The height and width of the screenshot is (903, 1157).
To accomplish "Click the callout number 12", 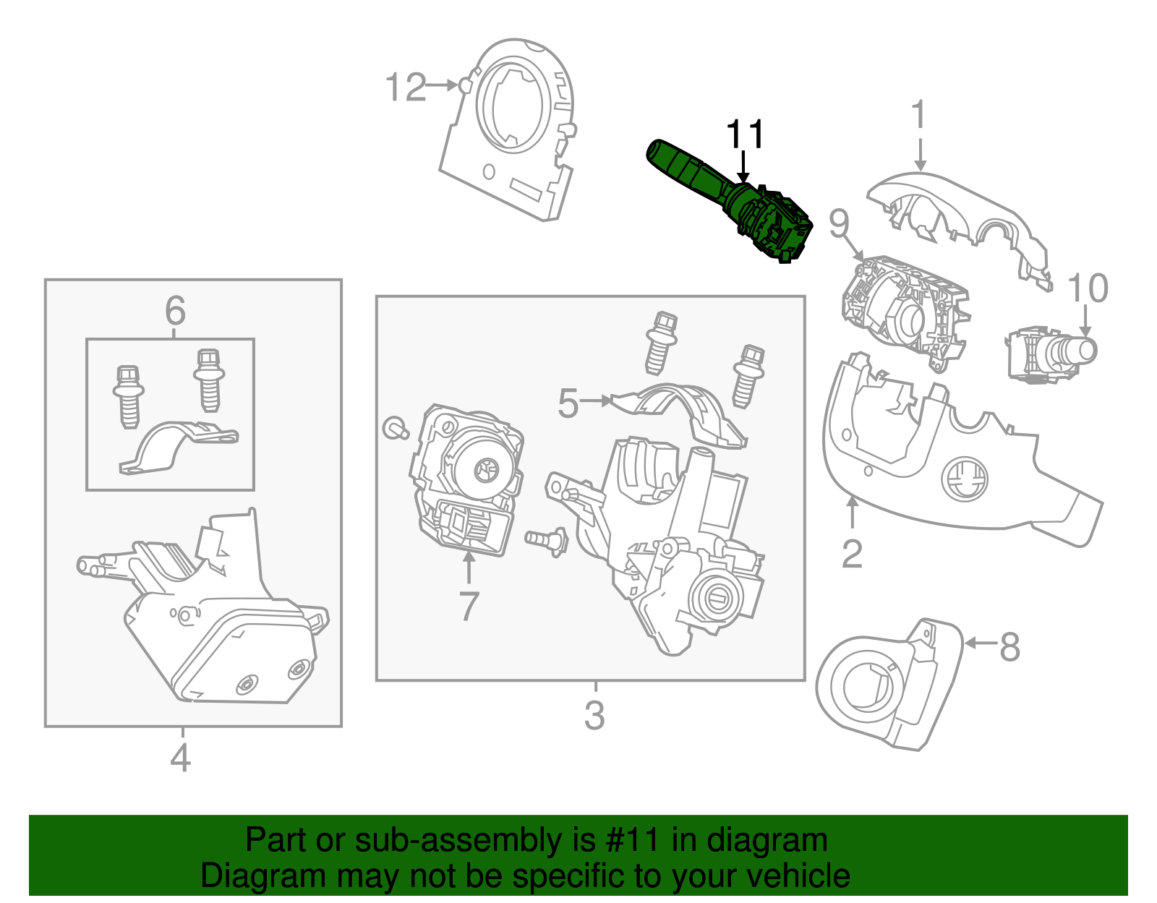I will (406, 87).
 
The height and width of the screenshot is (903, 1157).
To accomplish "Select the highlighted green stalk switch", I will (730, 199).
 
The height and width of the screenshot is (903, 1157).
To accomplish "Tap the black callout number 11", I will (745, 134).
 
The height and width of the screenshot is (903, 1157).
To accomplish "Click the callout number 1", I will (918, 115).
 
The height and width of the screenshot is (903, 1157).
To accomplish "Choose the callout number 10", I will (1087, 288).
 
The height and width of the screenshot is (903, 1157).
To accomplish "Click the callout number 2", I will (853, 555).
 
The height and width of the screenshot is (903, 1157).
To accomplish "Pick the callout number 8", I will (1010, 646).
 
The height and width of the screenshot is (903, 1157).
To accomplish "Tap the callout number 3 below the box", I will (594, 715).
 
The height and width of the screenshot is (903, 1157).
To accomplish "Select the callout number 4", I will (180, 758).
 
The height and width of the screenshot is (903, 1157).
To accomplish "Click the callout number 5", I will (568, 403).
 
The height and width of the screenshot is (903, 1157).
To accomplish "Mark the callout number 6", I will (175, 311).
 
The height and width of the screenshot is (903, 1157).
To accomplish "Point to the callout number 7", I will (469, 606).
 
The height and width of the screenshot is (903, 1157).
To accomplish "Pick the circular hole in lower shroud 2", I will (964, 478).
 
